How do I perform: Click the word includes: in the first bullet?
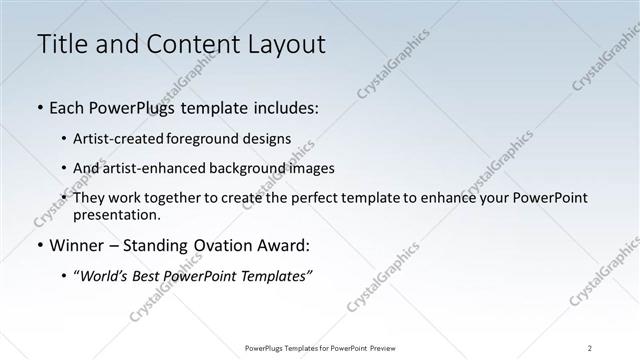coord(284,108)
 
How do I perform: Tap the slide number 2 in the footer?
coord(590,348)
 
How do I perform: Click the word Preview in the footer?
coord(386,348)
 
